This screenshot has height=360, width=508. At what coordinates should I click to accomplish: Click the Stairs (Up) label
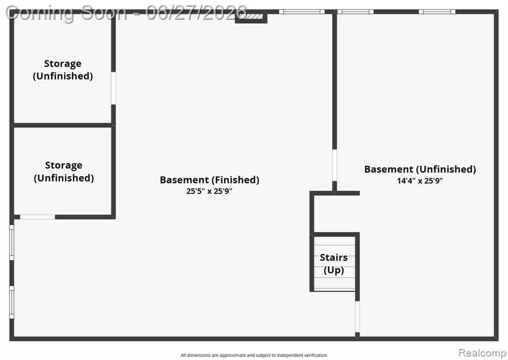coord(334,263)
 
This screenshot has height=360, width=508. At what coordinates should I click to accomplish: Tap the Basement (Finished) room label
coord(209,180)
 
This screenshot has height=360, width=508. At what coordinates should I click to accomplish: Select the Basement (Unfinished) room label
coord(420,169)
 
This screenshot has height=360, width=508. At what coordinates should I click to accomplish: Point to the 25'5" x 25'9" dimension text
coord(209,191)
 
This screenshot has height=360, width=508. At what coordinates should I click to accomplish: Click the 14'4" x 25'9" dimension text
coord(420,180)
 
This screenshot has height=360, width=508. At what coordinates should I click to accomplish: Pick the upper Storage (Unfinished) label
coord(63,69)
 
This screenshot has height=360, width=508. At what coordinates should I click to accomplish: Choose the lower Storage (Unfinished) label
coord(64,172)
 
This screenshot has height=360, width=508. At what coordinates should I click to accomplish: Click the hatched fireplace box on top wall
coord(251,16)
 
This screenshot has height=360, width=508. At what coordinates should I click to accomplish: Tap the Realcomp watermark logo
coord(482,353)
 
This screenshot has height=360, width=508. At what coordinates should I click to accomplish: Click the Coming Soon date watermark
coord(127,13)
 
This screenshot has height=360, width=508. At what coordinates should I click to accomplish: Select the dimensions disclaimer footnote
coord(254,355)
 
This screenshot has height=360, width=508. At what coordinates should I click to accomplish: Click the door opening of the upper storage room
coord(114,88)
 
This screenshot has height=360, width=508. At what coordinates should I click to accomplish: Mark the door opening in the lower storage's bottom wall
coord(38,217)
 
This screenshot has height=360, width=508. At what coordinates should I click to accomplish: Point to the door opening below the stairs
coord(357,317)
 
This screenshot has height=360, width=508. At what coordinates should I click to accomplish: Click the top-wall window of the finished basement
coord(302,12)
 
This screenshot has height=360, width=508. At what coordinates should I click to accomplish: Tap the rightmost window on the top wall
coord(437,12)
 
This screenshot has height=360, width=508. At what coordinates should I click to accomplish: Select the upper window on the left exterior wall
coord(12,242)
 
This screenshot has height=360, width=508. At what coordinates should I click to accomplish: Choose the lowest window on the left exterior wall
coord(12,302)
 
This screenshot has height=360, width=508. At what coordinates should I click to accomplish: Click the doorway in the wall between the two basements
coord(334,165)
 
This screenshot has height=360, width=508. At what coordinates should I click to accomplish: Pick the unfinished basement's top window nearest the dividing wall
coord(355,12)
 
